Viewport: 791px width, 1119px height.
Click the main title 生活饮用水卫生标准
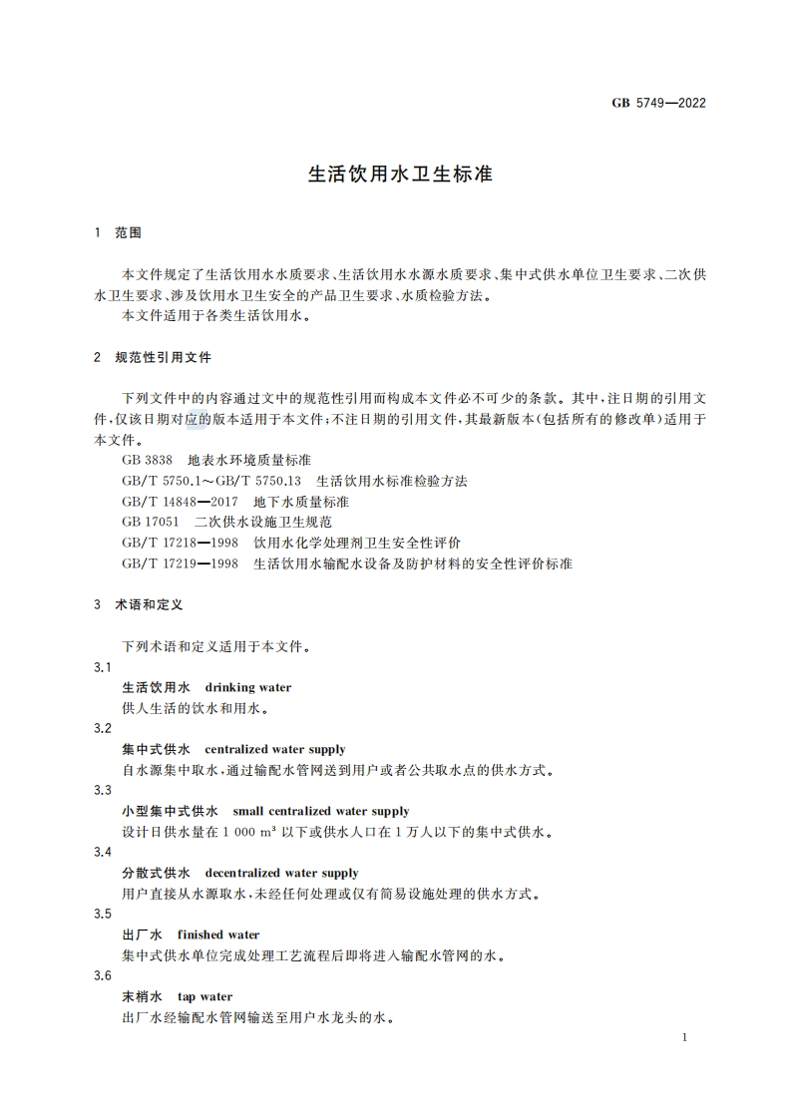tap(400, 174)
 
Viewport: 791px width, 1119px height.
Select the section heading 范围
tap(129, 232)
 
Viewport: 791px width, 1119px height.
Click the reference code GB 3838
tap(147, 461)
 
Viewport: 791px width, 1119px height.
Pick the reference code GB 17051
tap(151, 523)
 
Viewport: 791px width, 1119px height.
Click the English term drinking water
tap(247, 687)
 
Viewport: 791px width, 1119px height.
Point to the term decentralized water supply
tap(281, 873)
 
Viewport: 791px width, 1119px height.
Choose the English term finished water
tap(217, 934)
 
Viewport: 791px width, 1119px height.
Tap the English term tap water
tap(204, 996)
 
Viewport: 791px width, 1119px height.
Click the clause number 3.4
tap(102, 852)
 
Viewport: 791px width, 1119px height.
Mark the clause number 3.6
tap(102, 975)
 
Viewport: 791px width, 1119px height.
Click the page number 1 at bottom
tap(684, 1038)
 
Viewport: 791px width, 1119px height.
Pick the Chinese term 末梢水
tap(141, 996)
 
